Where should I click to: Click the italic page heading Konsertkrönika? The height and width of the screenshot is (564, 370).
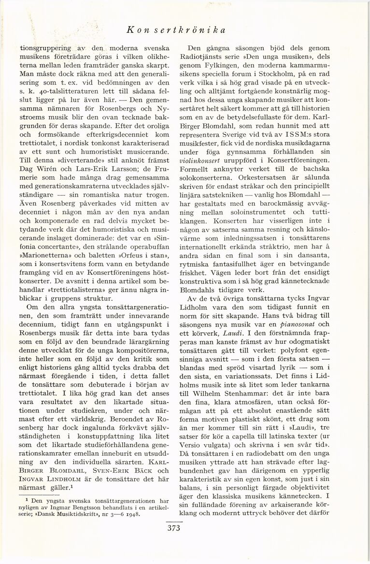(x=176, y=30)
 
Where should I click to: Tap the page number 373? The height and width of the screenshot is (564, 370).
(x=173, y=528)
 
